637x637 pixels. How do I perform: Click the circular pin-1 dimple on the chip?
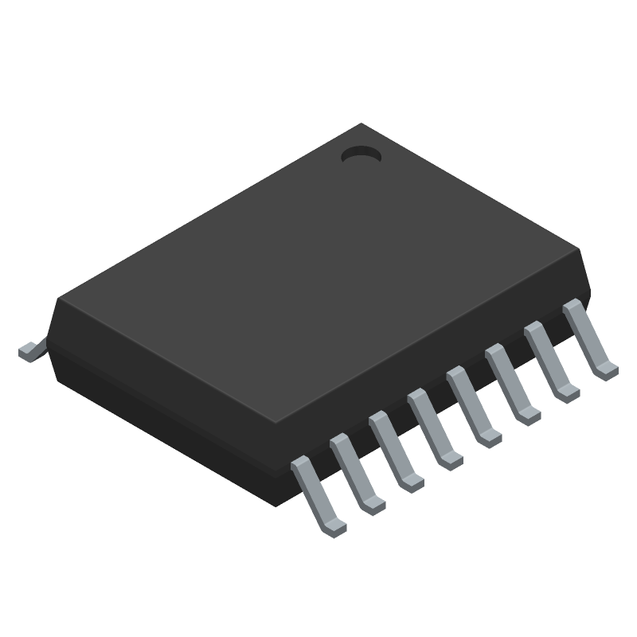[361, 155]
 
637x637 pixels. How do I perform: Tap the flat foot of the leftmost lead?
[335, 526]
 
